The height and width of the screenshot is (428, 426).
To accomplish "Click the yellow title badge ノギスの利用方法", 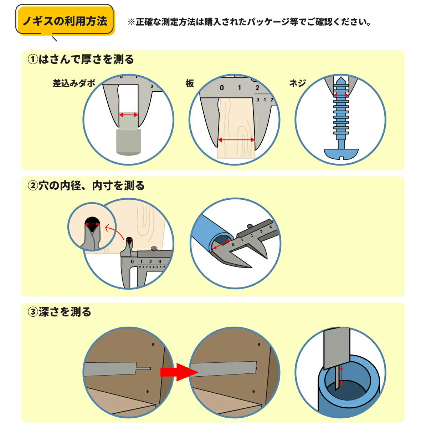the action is point(65,21).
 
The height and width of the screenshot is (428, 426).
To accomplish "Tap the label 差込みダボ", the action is point(74,83).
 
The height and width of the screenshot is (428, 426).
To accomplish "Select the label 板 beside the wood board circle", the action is point(190,83).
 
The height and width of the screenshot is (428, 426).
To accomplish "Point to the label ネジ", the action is point(297,83).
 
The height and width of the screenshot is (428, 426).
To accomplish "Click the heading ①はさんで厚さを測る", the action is point(81,60).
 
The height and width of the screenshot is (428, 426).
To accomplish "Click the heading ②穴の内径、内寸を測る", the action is point(86,185).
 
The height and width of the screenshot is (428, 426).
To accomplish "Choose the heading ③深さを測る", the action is point(60,312).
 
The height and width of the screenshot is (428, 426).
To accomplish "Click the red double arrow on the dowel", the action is point(129,115).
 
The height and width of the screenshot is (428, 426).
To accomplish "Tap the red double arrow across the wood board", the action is point(236,140).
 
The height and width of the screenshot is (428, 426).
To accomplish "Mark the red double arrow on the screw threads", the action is point(341,95).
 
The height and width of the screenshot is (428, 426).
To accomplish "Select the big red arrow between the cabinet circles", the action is point(179,372).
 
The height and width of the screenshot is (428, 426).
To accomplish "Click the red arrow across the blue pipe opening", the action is point(221,245).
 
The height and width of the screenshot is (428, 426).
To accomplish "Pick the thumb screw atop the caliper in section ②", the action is point(153,248).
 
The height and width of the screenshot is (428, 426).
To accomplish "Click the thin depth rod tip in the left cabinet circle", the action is point(150,368).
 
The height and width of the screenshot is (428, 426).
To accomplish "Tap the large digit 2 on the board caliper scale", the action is point(257,88).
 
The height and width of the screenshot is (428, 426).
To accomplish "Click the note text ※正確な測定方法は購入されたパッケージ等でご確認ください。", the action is point(249,22).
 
